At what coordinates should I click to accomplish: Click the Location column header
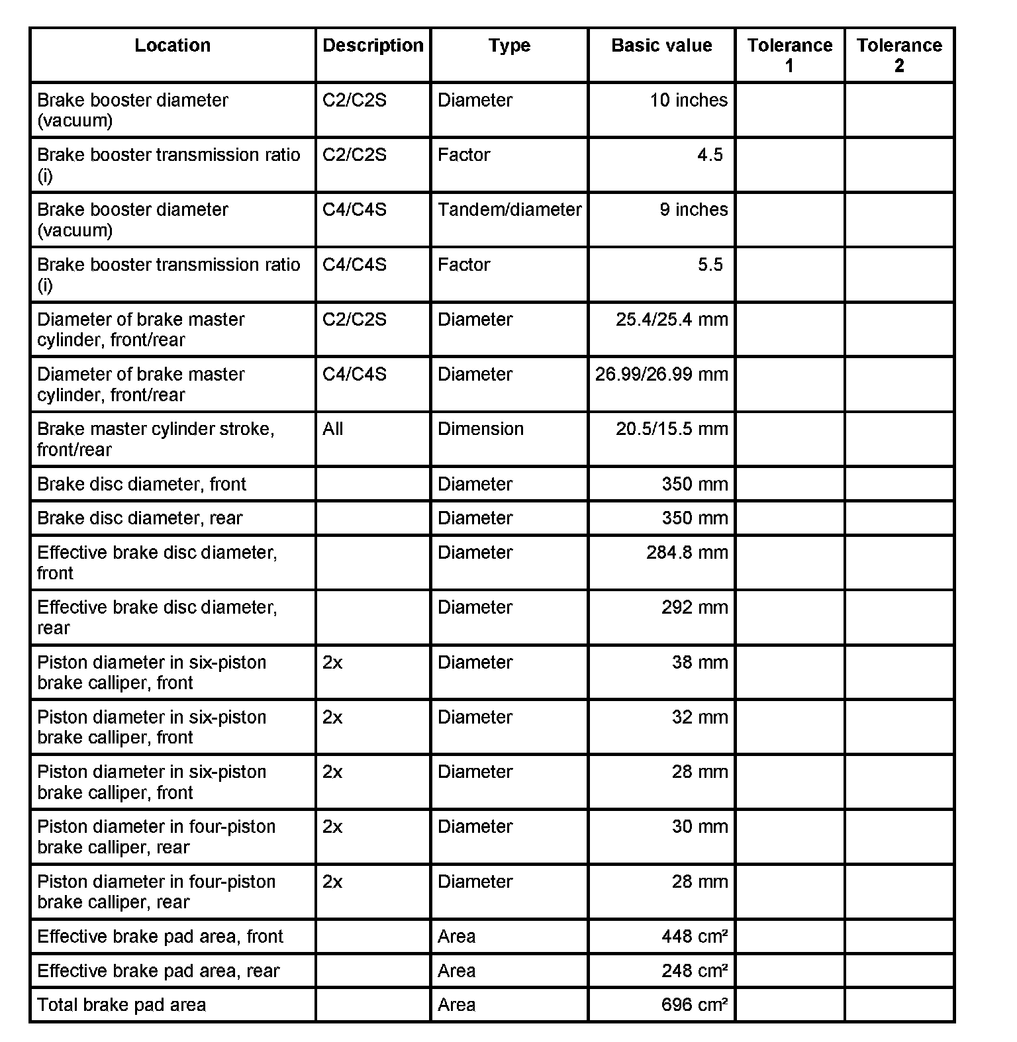coord(172,46)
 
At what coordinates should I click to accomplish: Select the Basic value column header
coord(661,46)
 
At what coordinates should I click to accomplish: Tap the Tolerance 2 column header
coord(898,55)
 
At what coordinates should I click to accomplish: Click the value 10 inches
coord(688,101)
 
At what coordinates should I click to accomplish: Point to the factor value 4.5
coord(710,155)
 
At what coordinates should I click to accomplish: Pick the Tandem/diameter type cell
coord(509,210)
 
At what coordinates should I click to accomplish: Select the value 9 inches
coord(693,210)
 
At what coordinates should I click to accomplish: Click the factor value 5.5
coord(710,265)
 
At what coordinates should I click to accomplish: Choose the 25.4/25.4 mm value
coord(671,320)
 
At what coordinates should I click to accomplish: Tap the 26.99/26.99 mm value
coord(661,375)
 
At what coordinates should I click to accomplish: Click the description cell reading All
coord(333,429)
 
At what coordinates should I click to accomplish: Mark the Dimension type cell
coord(480,429)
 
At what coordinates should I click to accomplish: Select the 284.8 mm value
coord(687,553)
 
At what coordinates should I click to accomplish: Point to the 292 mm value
coord(694,608)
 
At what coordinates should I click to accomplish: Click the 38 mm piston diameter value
coord(699,663)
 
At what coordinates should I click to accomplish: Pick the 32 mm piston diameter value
coord(699,718)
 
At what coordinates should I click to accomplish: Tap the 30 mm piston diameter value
coord(699,827)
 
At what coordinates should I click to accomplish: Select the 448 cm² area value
coord(694,937)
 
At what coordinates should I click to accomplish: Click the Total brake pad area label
coord(121,1005)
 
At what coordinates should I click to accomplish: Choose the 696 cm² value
coord(694,1005)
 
